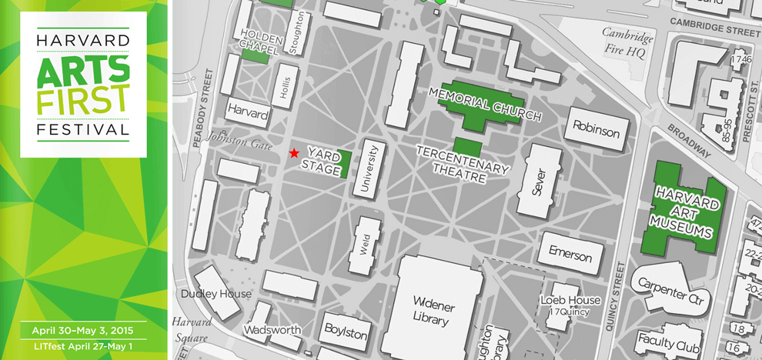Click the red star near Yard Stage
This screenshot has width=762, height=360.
click(293, 154)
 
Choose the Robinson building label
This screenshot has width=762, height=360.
click(596, 132)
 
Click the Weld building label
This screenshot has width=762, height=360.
click(365, 243)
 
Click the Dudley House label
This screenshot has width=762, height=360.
click(216, 294)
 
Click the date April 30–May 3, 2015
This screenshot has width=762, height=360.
click(83, 331)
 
